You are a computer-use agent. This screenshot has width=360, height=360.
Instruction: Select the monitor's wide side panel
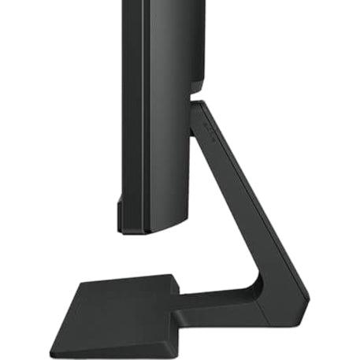[161, 142]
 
